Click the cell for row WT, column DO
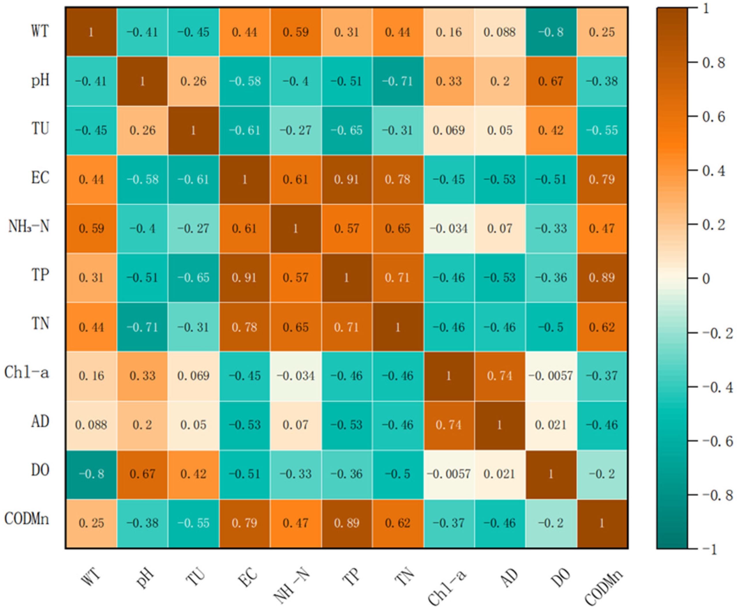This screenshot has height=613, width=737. pyautogui.click(x=551, y=32)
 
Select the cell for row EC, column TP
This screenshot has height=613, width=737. pyautogui.click(x=347, y=179)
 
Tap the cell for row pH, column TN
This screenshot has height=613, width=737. pyautogui.click(x=398, y=81)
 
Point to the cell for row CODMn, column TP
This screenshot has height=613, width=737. pyautogui.click(x=347, y=523)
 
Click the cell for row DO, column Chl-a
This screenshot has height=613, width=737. pyautogui.click(x=449, y=474)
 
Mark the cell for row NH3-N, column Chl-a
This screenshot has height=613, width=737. pyautogui.click(x=449, y=228)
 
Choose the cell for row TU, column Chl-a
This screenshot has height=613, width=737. pyautogui.click(x=449, y=130)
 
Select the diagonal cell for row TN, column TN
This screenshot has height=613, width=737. pyautogui.click(x=398, y=327)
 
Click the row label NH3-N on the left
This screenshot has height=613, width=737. pyautogui.click(x=29, y=227)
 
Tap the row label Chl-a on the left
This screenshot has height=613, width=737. pyautogui.click(x=27, y=372)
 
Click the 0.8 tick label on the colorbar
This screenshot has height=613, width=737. pyautogui.click(x=713, y=63)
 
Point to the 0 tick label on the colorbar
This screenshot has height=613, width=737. pyautogui.click(x=706, y=279)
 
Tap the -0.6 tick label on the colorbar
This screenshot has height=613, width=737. pyautogui.click(x=717, y=441)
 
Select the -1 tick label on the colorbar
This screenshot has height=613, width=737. pyautogui.click(x=710, y=549)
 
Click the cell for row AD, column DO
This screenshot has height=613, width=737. pyautogui.click(x=551, y=425)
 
